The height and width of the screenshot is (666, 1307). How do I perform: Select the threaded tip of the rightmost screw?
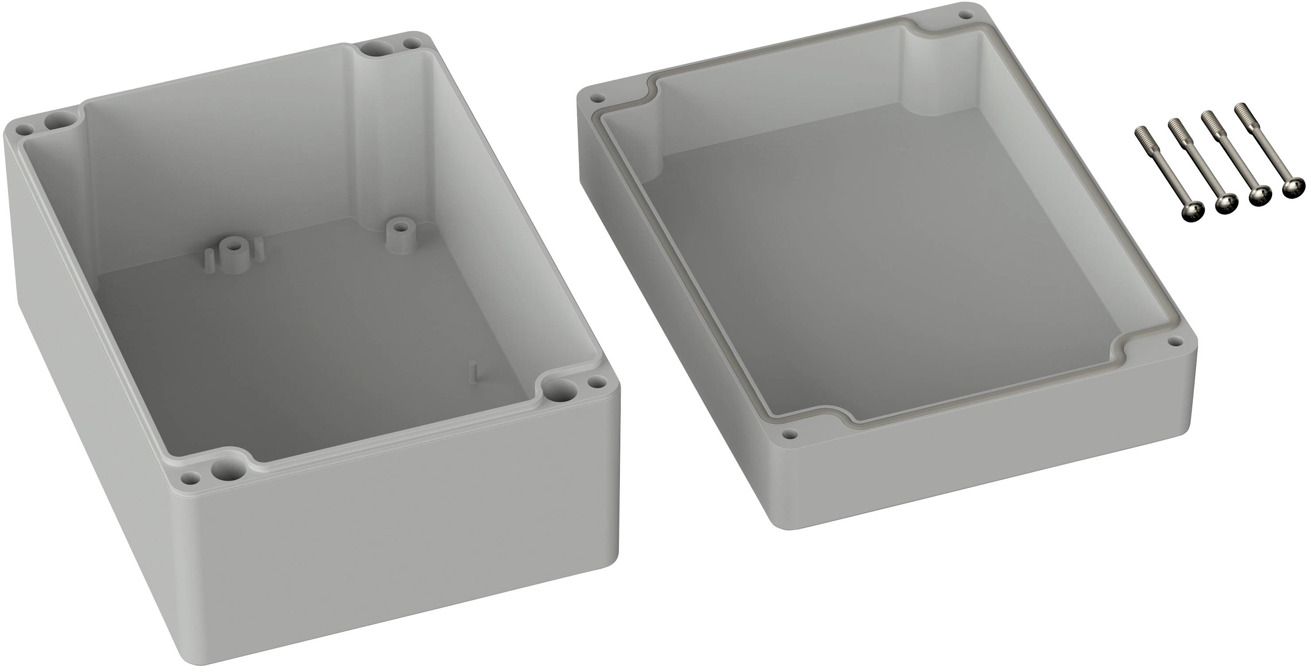click(x=1241, y=108)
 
